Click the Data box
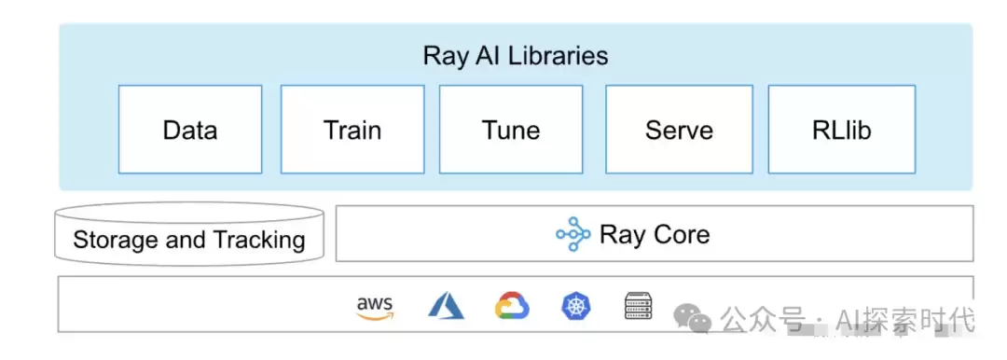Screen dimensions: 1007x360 click(x=190, y=130)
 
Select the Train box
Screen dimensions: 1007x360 click(x=352, y=130)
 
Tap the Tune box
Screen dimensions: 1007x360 click(x=511, y=130)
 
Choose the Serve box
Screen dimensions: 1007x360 click(x=679, y=130)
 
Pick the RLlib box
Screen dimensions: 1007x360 click(x=842, y=130)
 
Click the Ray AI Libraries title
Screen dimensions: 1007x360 click(x=515, y=56)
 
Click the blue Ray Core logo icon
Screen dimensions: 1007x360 click(x=572, y=234)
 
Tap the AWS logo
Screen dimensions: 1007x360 click(x=375, y=307)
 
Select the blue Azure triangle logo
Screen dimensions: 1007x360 click(x=446, y=305)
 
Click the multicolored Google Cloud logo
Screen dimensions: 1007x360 click(x=512, y=305)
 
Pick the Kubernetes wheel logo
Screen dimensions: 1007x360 click(x=576, y=305)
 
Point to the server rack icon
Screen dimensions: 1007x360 click(x=639, y=305)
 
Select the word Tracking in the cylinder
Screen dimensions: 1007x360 click(x=259, y=240)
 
